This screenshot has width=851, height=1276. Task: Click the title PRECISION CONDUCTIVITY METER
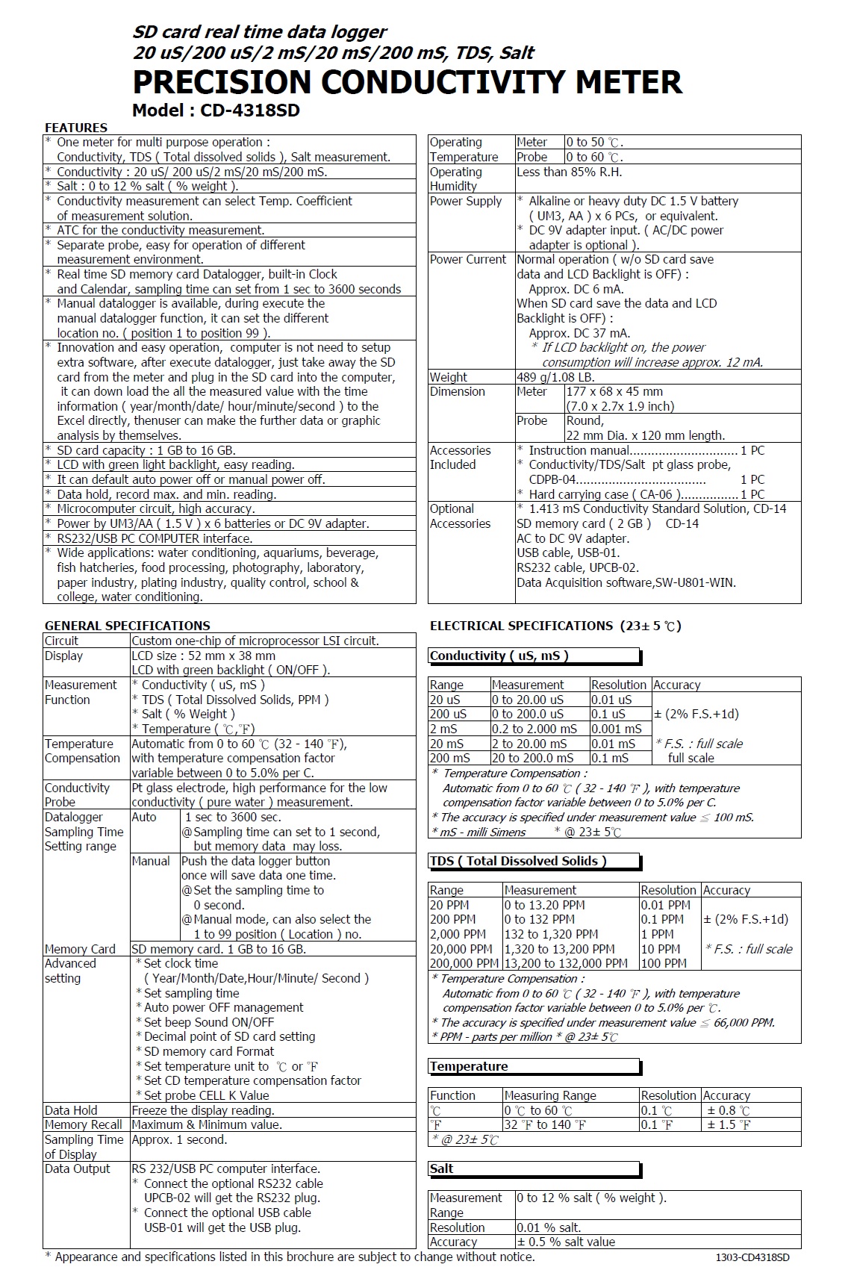[407, 82]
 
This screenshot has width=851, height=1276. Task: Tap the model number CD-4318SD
[249, 111]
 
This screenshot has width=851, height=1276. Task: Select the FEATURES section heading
[76, 128]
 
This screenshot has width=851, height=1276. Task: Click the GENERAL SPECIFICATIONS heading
[128, 626]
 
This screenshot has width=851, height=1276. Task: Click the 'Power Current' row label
[467, 259]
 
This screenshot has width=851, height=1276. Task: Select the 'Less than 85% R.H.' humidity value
[569, 172]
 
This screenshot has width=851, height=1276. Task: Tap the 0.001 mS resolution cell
[617, 729]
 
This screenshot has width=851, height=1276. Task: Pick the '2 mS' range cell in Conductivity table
[443, 729]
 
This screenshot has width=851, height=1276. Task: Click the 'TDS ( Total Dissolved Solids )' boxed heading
[518, 861]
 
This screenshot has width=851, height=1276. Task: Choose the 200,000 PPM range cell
[464, 963]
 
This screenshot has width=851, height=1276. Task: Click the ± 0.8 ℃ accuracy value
[729, 1110]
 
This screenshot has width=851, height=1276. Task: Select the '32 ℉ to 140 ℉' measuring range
[545, 1124]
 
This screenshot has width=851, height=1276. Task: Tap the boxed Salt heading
[442, 1168]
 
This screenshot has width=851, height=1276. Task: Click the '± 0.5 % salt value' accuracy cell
[567, 1242]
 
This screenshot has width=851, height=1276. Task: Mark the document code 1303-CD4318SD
[752, 1257]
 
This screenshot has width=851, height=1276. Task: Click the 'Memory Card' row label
[80, 949]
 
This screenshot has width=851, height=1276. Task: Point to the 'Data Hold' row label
[71, 1110]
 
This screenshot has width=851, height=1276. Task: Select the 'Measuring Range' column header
[550, 1095]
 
